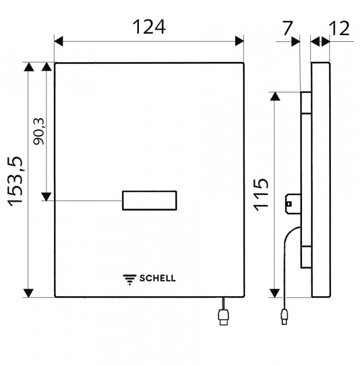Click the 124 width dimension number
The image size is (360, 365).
tap(149, 27)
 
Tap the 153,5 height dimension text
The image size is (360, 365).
tap(15, 182)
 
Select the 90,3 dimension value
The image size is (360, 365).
tap(39, 132)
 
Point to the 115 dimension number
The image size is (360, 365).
tap(261, 195)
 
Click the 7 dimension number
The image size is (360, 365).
tap(287, 28)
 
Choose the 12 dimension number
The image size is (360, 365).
tap(339, 29)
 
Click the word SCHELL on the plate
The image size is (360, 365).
tap(157, 278)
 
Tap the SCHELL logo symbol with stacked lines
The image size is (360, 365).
tap(130, 279)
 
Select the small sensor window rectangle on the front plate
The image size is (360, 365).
tap(149, 201)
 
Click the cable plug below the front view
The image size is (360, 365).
tap(224, 317)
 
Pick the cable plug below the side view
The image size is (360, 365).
tap(284, 317)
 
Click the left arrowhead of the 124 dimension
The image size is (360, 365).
tap(58, 41)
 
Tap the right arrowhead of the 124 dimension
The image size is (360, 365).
tap(239, 41)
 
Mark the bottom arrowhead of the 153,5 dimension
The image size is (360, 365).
tap(29, 293)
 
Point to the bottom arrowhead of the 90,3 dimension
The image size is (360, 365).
tap(46, 197)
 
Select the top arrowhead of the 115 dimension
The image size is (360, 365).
tap(275, 96)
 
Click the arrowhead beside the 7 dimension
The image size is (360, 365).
tap(296, 42)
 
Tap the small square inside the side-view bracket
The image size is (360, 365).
tap(289, 204)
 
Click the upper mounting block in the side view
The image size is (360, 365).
tap(306, 103)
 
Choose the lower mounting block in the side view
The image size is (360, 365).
tap(306, 257)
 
